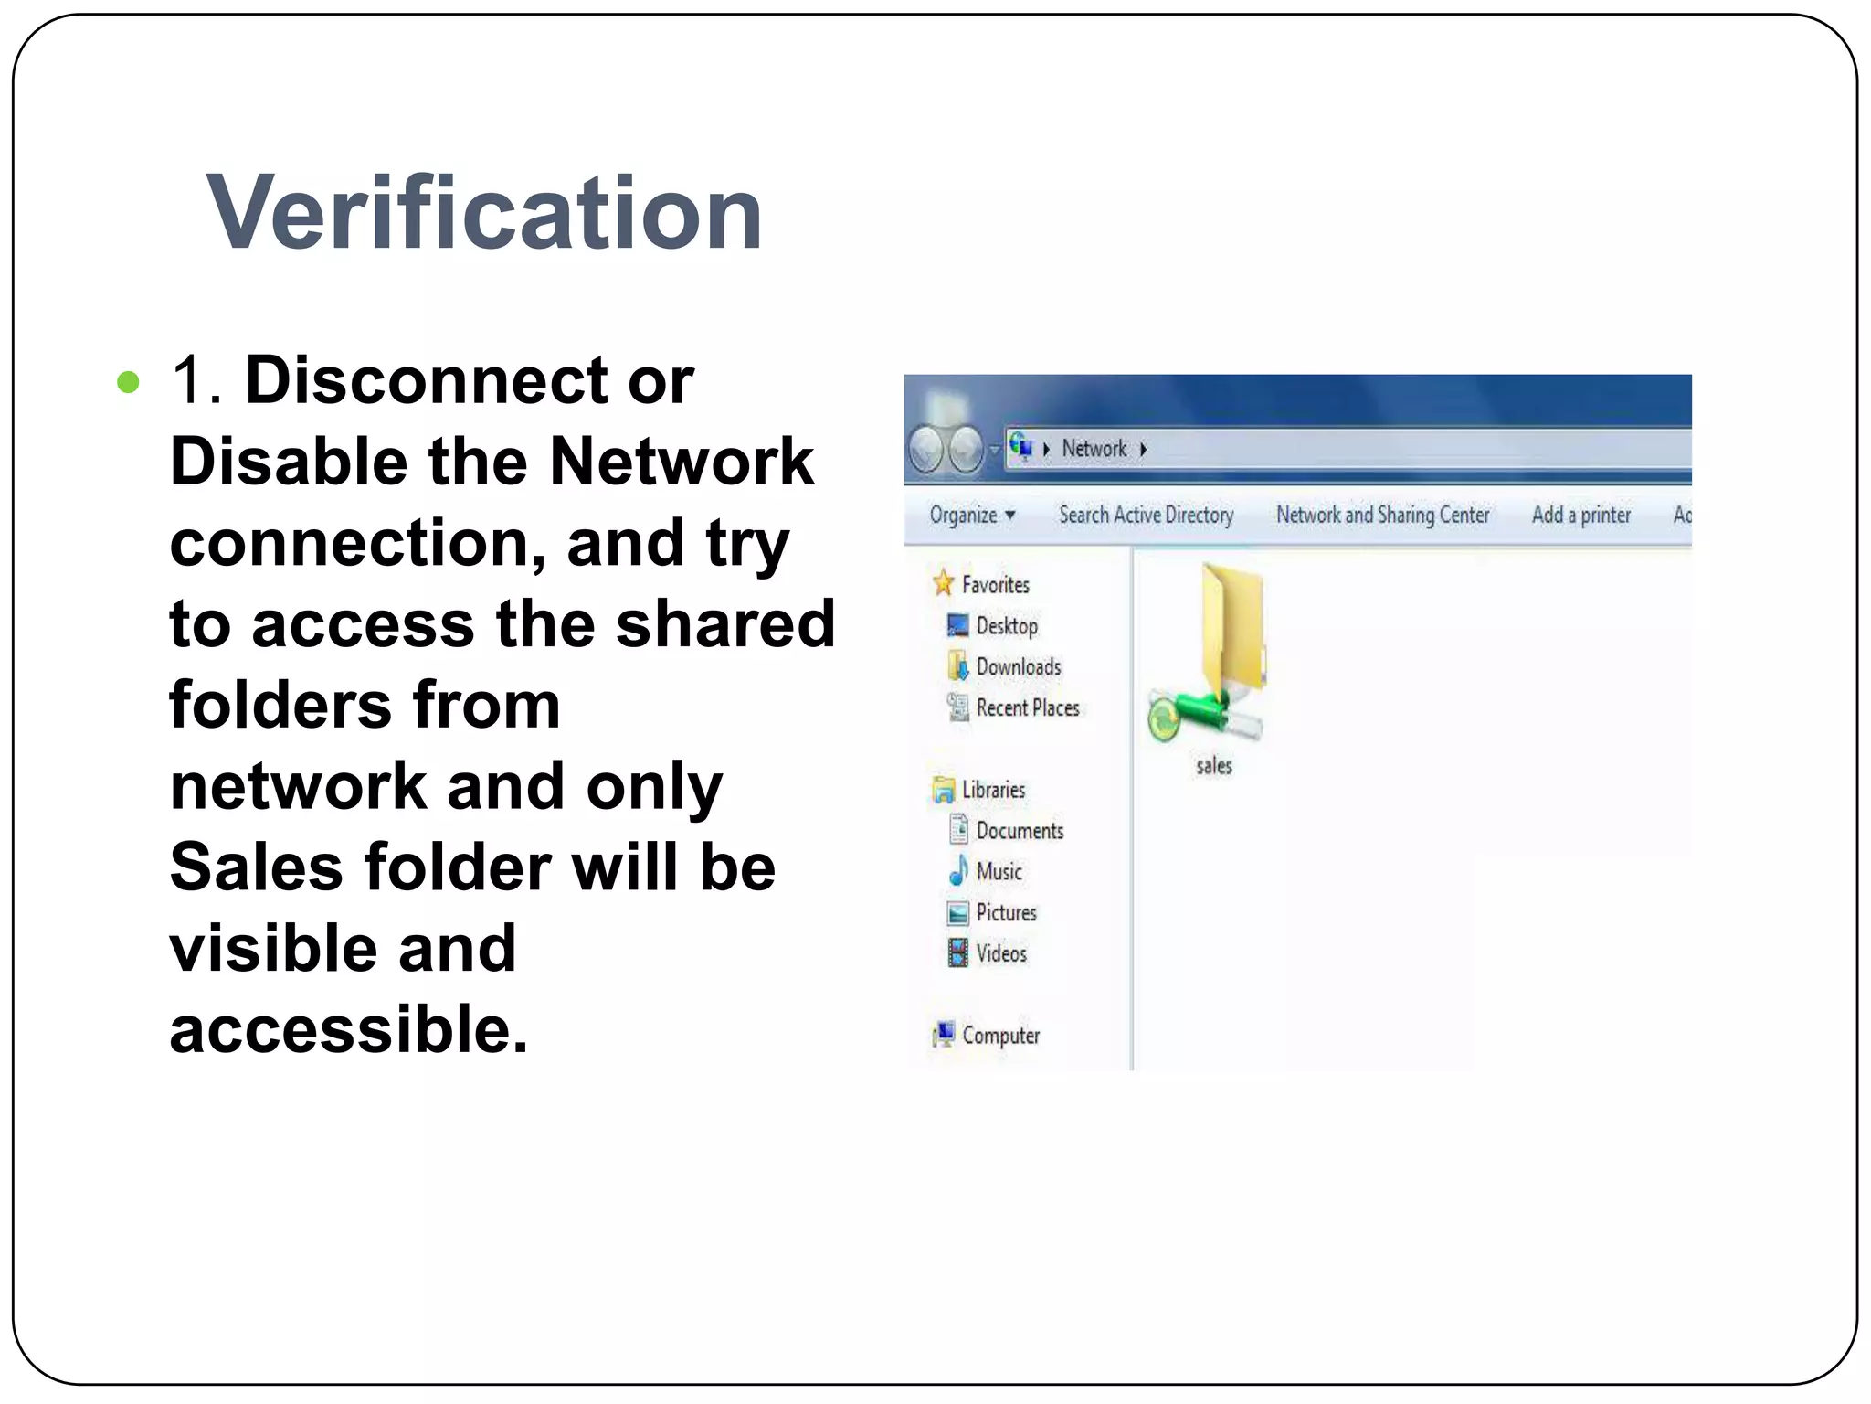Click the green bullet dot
point(129,382)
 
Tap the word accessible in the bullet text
point(348,1029)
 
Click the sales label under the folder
point(1214,766)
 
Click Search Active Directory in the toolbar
point(1146,515)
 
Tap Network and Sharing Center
point(1382,515)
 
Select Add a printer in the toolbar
point(1580,515)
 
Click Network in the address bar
point(1094,449)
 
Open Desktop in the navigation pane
point(1007,626)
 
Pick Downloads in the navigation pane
point(1019,667)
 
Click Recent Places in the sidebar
point(1028,707)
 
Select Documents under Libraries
point(1020,831)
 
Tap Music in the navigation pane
point(999,872)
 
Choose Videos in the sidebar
point(1001,953)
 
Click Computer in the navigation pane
point(1000,1036)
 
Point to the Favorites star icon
point(943,583)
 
